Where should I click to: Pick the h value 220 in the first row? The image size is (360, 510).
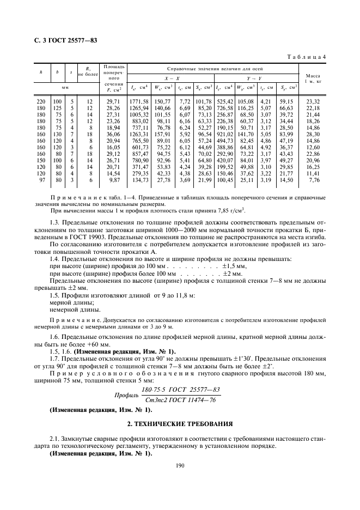(x=40, y=102)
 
